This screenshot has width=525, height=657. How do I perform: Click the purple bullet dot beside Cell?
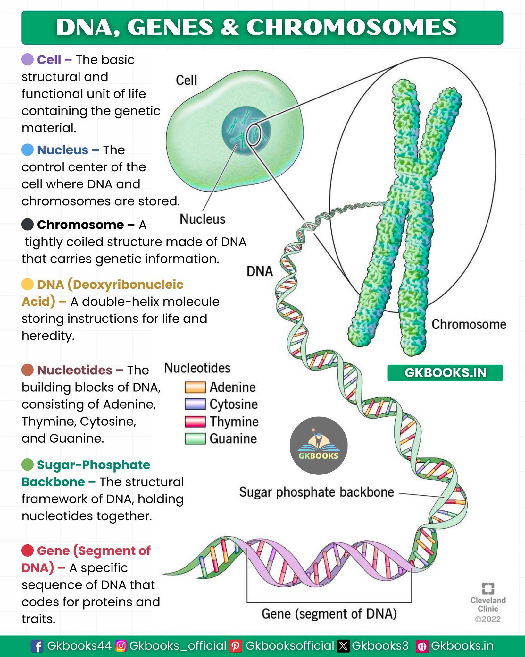coord(28,60)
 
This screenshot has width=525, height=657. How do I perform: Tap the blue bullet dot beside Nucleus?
coord(28,150)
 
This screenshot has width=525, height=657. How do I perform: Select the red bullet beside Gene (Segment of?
coord(28,550)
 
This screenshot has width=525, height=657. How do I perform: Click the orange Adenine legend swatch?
coord(195,387)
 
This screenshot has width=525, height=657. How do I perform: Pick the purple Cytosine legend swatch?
coord(195,404)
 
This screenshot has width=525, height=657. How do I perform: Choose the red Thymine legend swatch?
coord(195,422)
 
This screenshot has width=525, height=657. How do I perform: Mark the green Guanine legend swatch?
coord(195,439)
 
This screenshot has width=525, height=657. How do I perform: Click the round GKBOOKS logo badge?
coord(318,446)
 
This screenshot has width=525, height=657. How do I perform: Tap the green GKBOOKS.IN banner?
coord(445,373)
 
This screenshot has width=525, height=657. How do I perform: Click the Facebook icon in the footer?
coord(37,646)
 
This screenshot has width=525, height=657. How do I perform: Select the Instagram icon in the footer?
coord(121,646)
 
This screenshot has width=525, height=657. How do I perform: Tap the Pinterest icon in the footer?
coord(236,646)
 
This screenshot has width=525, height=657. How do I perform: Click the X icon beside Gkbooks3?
coord(343,646)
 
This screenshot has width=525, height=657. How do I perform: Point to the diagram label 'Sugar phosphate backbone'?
coord(317,492)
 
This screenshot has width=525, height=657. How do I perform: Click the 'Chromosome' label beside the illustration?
coord(469,324)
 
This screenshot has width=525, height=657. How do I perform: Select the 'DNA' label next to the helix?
coord(260,271)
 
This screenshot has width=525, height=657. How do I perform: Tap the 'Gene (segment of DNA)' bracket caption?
coord(329,614)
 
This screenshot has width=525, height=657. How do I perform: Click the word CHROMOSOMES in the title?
coord(351,27)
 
